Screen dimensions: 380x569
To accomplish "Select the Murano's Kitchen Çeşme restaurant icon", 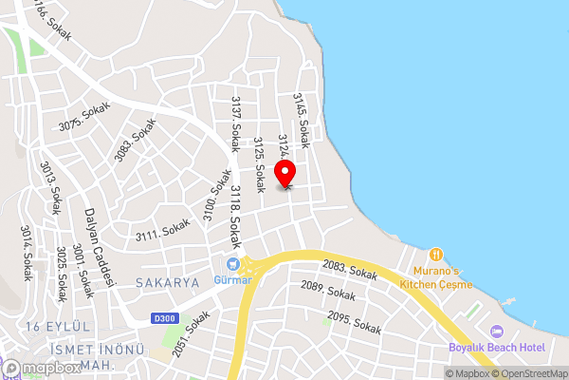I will tap(435, 255).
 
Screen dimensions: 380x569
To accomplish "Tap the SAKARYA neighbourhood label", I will tap(167, 283).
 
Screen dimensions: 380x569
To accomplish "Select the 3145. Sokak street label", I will tap(301, 120).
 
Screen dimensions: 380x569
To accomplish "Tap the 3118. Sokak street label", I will tap(235, 218).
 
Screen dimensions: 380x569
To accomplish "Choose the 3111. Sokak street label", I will tap(162, 229).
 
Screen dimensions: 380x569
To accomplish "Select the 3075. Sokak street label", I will tap(84, 119).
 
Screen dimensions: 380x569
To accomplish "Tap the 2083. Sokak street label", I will tap(349, 271).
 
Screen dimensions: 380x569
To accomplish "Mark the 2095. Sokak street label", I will tap(354, 323).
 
